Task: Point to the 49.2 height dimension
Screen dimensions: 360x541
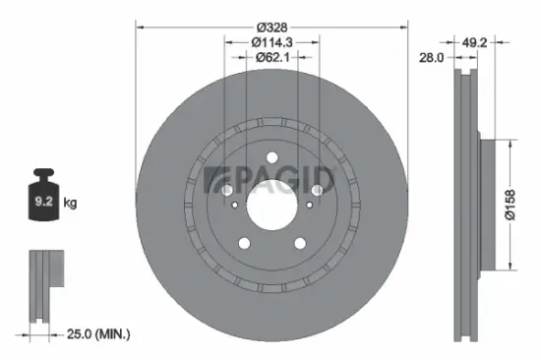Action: (x=477, y=42)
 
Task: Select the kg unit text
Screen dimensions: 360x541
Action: (x=70, y=203)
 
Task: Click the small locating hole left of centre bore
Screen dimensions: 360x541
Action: (x=233, y=205)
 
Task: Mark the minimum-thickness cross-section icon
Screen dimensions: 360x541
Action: (x=41, y=285)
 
